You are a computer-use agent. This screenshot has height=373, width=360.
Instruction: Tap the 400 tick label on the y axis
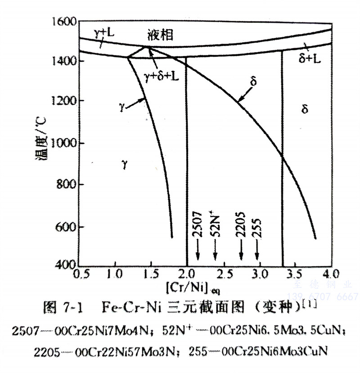(63, 266)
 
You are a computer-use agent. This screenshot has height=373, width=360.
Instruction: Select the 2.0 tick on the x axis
(186, 273)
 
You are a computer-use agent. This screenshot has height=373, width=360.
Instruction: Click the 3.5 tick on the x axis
(293, 273)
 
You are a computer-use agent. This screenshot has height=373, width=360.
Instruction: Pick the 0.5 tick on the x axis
(79, 273)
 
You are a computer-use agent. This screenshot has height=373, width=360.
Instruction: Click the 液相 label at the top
(160, 35)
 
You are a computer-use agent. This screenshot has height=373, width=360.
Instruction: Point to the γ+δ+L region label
(162, 76)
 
